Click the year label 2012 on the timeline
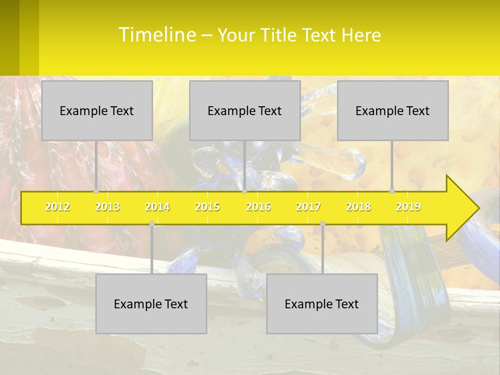[x=57, y=207]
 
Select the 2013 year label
[x=107, y=207]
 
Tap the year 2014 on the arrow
[x=157, y=207]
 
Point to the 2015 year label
[x=207, y=207]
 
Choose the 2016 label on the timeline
[x=258, y=207]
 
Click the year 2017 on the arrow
[x=308, y=207]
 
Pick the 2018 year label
[x=358, y=207]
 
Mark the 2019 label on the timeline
[x=408, y=207]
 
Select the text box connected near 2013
[x=97, y=110]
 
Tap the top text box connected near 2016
[x=245, y=110]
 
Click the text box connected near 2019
[x=393, y=110]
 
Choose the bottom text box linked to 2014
[x=151, y=304]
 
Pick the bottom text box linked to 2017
[x=322, y=304]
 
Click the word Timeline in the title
[x=156, y=35]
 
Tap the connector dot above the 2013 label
[x=96, y=191]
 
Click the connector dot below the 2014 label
[x=152, y=224]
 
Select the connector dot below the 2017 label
[x=322, y=224]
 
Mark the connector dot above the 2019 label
[x=392, y=191]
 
